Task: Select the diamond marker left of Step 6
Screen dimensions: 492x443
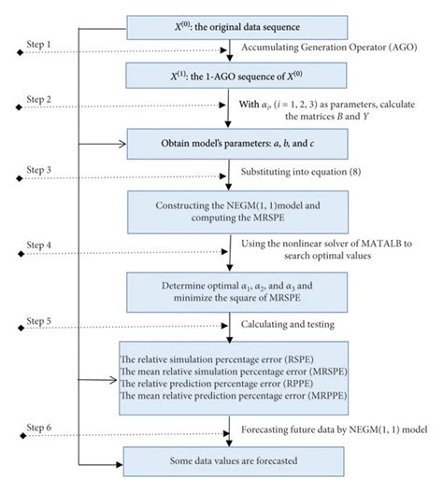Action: click(x=6, y=434)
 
